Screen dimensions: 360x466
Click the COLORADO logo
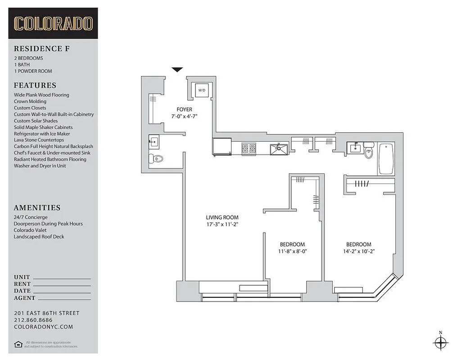pyautogui.click(x=53, y=23)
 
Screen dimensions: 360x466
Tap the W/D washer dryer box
pyautogui.click(x=202, y=90)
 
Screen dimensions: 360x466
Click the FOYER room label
pyautogui.click(x=184, y=109)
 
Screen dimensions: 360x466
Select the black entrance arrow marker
pyautogui.click(x=177, y=69)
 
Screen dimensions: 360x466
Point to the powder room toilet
pyautogui.click(x=156, y=158)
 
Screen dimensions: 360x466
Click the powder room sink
pyautogui.click(x=153, y=142)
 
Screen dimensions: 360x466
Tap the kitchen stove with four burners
pyautogui.click(x=249, y=148)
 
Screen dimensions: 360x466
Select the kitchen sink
pyautogui.click(x=279, y=148)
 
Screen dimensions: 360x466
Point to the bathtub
pyautogui.click(x=386, y=158)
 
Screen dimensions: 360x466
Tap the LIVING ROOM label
pyautogui.click(x=222, y=217)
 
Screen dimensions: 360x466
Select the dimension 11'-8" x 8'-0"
pyautogui.click(x=292, y=251)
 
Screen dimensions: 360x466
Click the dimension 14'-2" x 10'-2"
pyautogui.click(x=358, y=251)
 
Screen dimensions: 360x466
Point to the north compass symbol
pyautogui.click(x=440, y=342)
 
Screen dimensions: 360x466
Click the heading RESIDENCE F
pyautogui.click(x=41, y=49)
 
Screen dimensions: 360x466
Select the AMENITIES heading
pyautogui.click(x=37, y=208)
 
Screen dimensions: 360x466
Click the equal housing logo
pyautogui.click(x=18, y=344)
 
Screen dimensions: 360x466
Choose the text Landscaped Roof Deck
pyautogui.click(x=39, y=237)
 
